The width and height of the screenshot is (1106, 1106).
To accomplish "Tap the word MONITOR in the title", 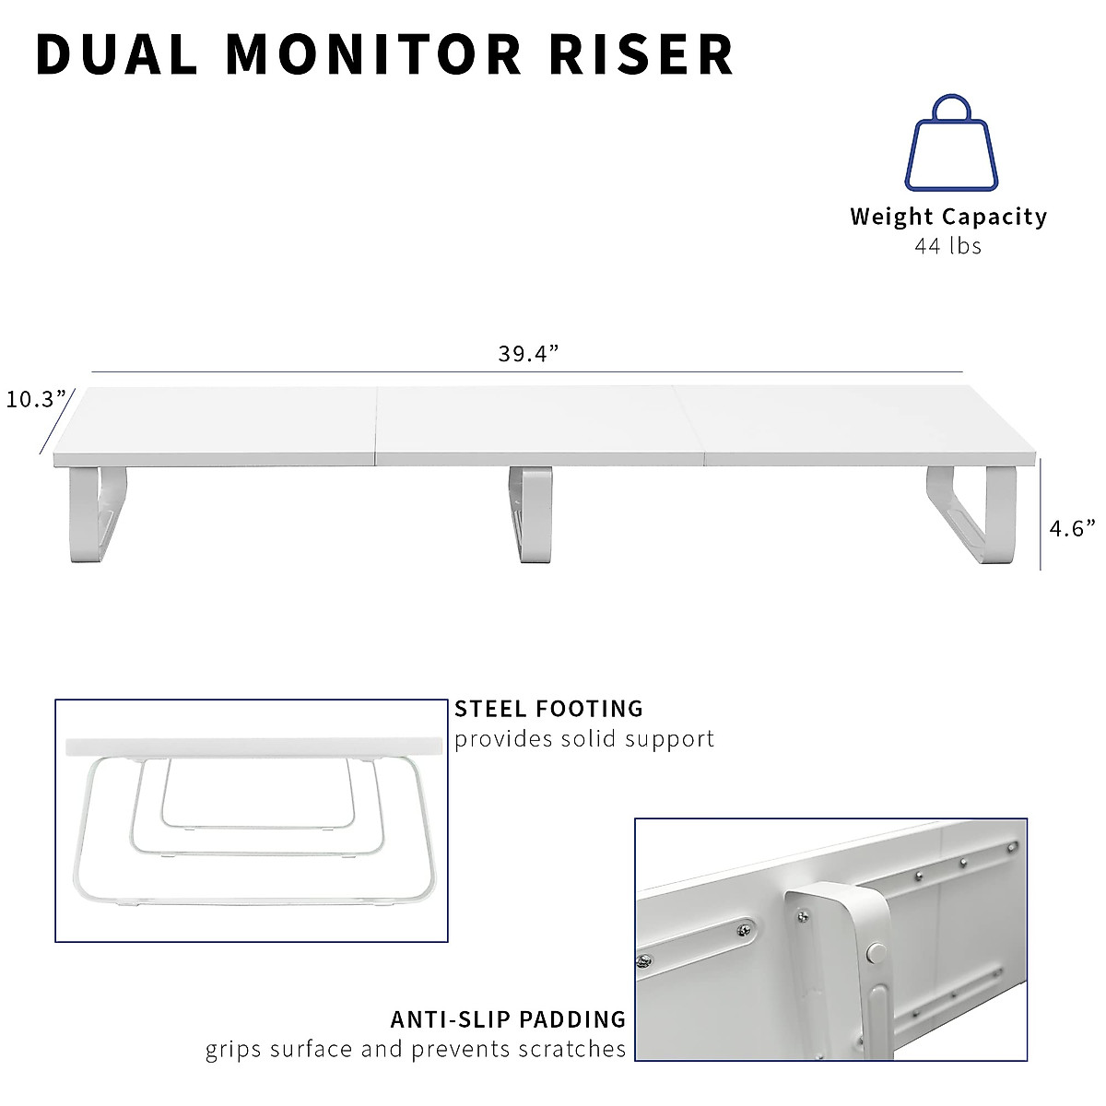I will click(373, 55).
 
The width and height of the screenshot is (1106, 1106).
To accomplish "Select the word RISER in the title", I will click(642, 55).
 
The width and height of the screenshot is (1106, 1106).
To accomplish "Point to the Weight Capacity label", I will click(948, 218).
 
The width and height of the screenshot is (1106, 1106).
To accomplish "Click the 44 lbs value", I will click(947, 246).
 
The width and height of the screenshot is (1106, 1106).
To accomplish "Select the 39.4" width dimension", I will click(529, 354).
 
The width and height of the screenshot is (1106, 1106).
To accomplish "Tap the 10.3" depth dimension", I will click(37, 399).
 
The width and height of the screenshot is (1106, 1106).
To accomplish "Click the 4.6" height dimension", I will click(1073, 529).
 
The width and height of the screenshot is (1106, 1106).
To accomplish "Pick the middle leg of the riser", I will click(531, 513).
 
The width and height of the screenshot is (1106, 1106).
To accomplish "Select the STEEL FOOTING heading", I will click(548, 709).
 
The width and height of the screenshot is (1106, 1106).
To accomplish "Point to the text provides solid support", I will click(584, 739).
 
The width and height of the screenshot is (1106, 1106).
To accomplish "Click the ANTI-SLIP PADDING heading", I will click(508, 1019).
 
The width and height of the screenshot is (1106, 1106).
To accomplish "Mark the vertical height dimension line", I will click(1041, 516).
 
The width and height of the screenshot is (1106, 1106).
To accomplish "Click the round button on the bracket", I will click(877, 952).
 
